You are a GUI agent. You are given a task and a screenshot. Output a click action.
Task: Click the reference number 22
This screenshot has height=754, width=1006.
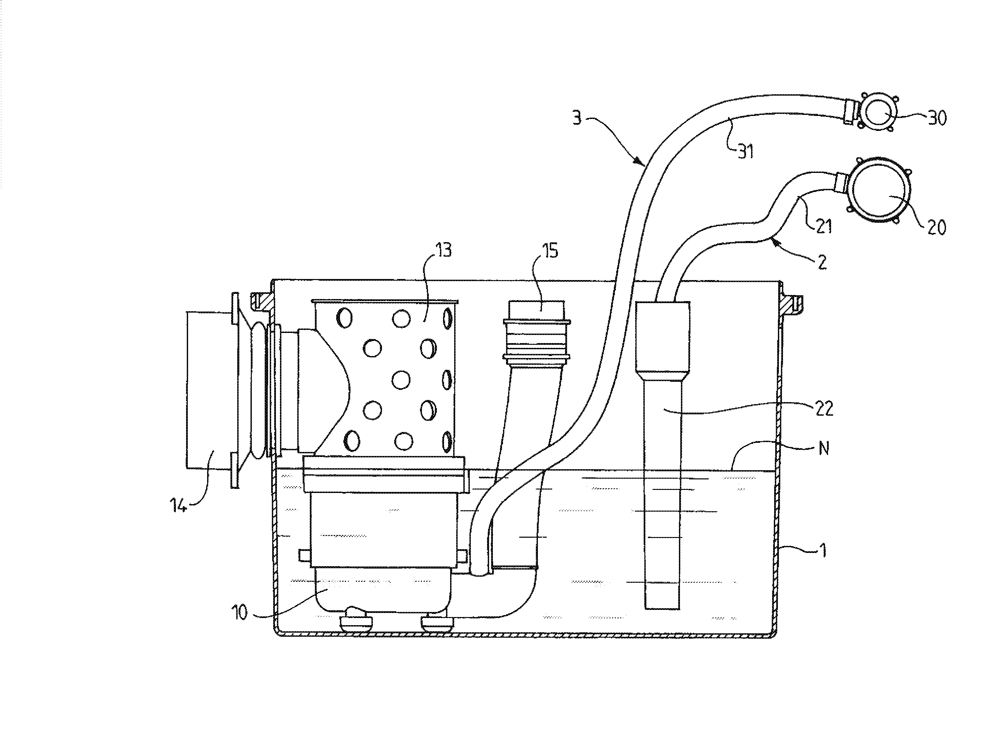point(824,409)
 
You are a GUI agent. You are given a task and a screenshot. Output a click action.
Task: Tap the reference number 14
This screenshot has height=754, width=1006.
point(178,505)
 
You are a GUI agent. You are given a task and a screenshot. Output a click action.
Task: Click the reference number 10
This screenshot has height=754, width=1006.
point(240,613)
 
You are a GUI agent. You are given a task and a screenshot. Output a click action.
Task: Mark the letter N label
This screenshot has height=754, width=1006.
point(824,449)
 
